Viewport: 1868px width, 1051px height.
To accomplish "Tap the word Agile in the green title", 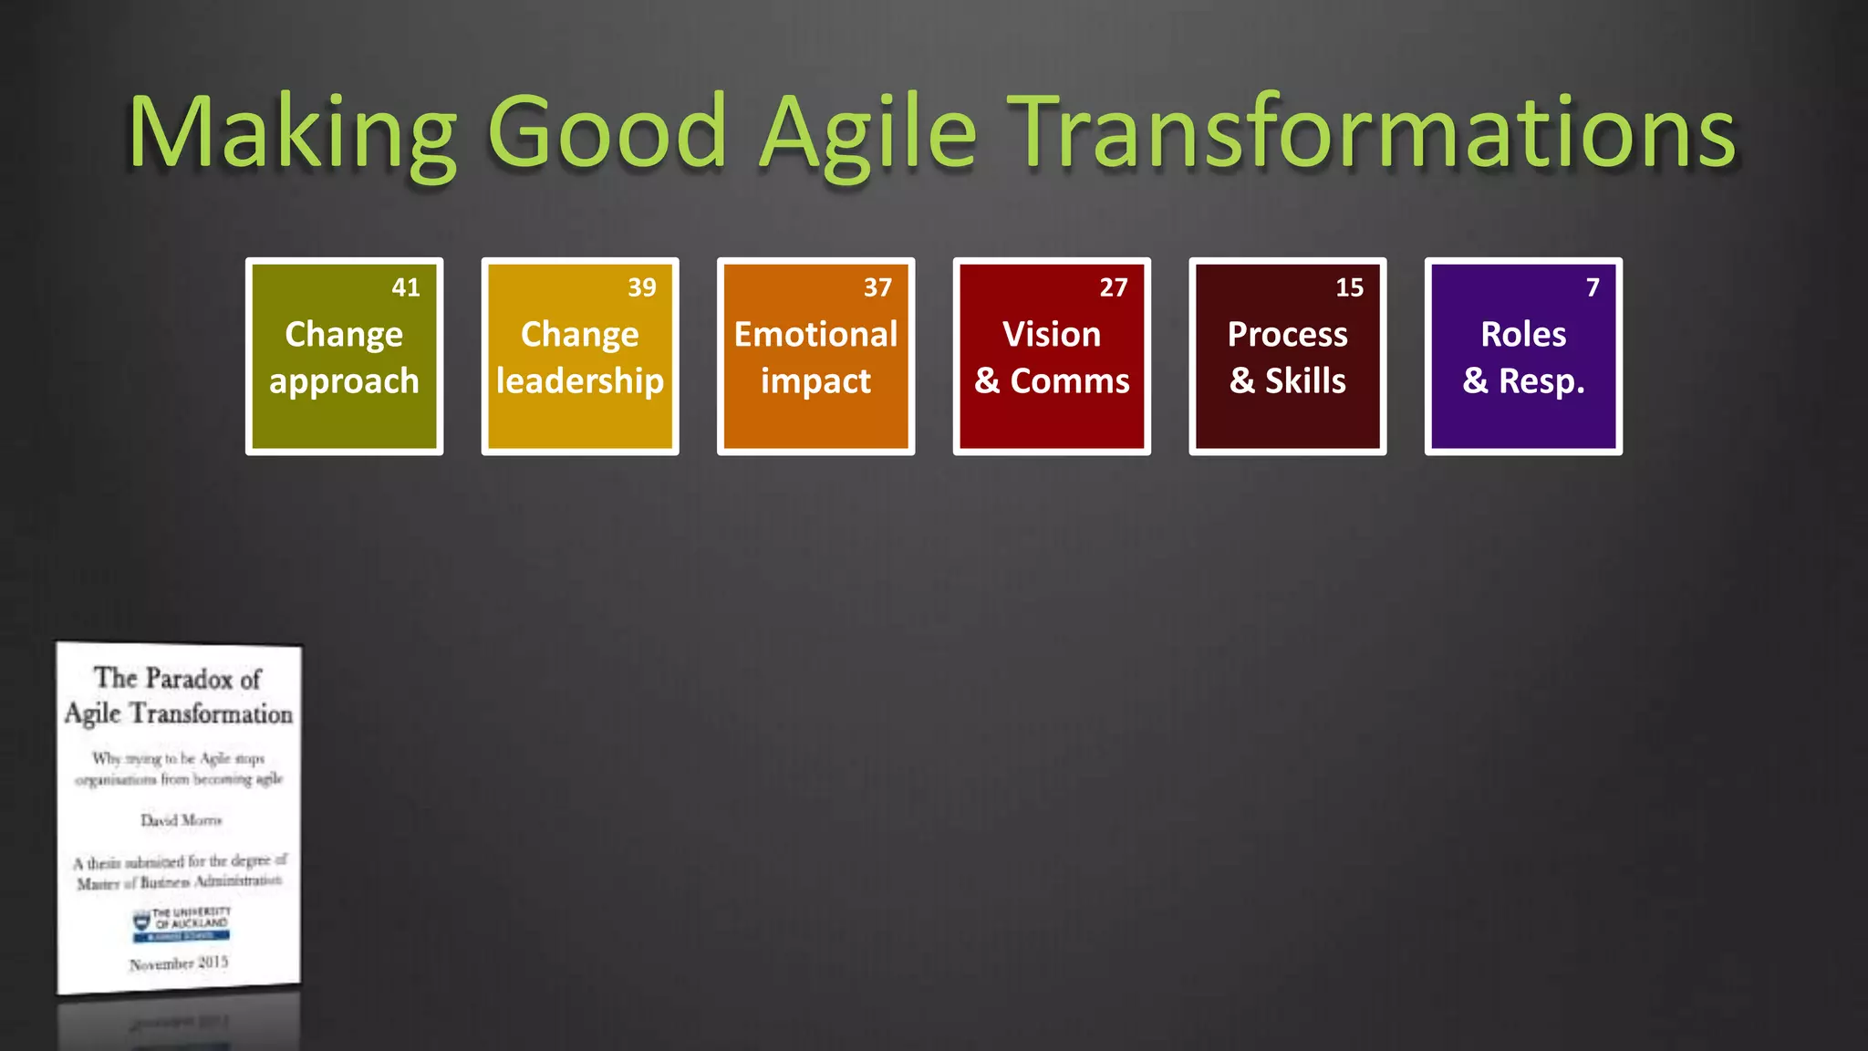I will click(x=868, y=132).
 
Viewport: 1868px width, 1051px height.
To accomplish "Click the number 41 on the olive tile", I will click(x=406, y=287).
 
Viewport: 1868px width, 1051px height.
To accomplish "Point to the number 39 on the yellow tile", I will click(x=642, y=287).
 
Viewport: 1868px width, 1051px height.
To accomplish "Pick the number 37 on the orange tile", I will click(x=877, y=287).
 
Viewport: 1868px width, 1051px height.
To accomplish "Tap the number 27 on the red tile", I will click(x=1114, y=287).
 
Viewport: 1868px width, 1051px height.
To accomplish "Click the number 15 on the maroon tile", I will click(x=1349, y=287).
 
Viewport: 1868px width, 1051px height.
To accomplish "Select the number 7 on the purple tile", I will click(x=1593, y=287).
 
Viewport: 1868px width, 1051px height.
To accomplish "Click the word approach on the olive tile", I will click(x=344, y=381).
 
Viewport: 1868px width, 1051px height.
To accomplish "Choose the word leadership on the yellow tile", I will click(x=580, y=380).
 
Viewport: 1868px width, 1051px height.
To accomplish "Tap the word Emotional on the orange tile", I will click(x=815, y=334).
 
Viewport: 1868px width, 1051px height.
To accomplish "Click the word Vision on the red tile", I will click(x=1052, y=334).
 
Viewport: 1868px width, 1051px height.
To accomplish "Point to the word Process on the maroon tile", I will click(x=1287, y=334).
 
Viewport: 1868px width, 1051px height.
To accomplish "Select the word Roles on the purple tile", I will click(x=1523, y=334).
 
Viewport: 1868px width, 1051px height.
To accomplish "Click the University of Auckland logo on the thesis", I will click(x=181, y=923).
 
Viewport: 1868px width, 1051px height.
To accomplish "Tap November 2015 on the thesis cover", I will click(x=179, y=963).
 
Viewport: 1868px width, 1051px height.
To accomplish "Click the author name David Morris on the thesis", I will click(x=181, y=820).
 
